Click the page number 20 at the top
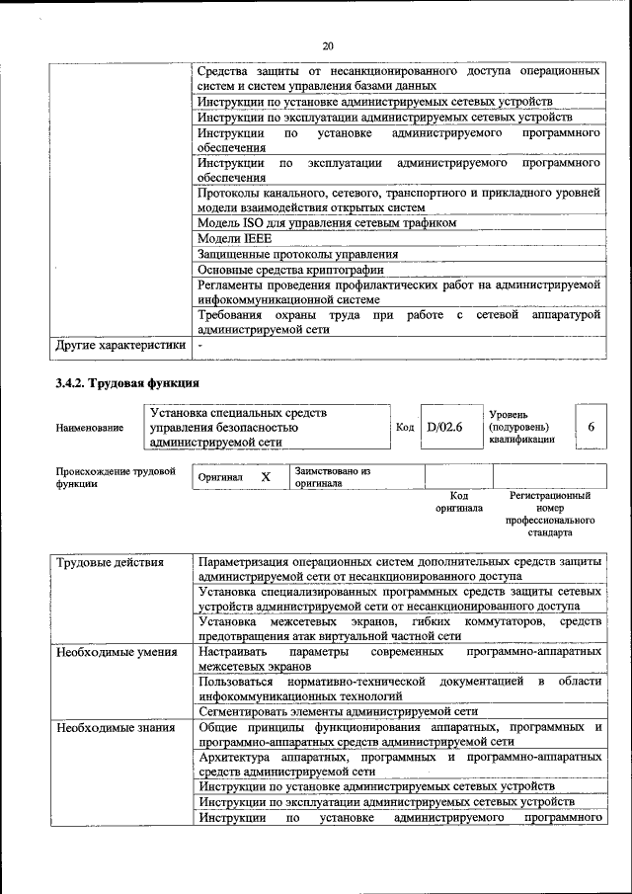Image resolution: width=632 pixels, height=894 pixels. coord(328,45)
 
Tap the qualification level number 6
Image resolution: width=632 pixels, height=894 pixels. coord(591,427)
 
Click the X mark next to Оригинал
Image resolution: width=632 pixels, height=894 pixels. coord(265,477)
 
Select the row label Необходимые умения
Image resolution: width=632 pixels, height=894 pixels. coord(117,652)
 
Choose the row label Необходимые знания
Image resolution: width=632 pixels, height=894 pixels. coord(116,728)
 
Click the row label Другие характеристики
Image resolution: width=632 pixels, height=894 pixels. coord(119,346)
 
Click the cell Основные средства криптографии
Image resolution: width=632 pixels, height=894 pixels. coord(290,269)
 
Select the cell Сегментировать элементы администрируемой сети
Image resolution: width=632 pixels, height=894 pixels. coord(338,710)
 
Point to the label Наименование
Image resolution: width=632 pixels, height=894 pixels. coord(90,428)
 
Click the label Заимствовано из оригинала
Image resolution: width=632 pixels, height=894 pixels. coord(332,477)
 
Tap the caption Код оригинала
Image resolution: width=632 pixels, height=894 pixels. coord(458,502)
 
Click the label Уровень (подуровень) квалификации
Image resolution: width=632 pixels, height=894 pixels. coord(521,427)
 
